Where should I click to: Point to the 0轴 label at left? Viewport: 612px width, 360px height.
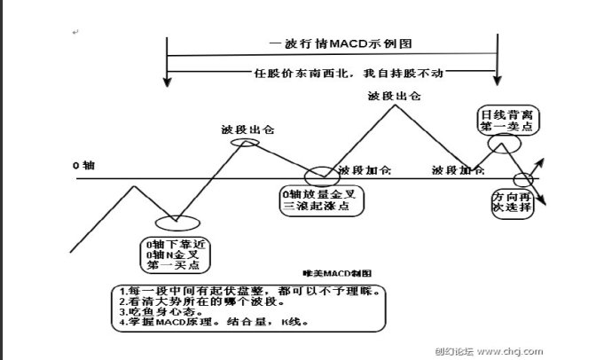pyautogui.click(x=83, y=166)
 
